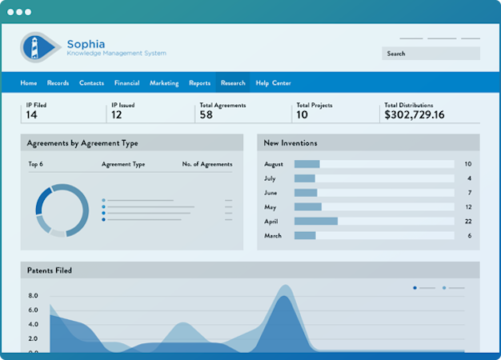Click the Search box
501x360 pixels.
click(x=431, y=54)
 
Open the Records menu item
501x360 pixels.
click(x=58, y=83)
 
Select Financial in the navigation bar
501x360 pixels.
click(x=126, y=83)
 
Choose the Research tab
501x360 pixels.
click(x=233, y=83)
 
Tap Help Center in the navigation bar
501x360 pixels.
click(x=273, y=83)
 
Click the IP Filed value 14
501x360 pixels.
click(x=32, y=114)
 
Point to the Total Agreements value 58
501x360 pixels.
click(x=206, y=114)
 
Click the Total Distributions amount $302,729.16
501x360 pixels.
click(x=415, y=114)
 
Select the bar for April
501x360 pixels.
click(x=316, y=222)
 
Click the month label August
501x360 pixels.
click(x=274, y=164)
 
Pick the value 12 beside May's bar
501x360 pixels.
click(x=468, y=207)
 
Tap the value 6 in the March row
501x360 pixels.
click(x=469, y=236)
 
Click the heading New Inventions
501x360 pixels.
click(x=291, y=143)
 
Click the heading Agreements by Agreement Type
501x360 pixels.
click(x=82, y=143)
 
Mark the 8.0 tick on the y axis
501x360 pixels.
click(x=33, y=296)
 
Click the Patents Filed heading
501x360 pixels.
click(x=50, y=270)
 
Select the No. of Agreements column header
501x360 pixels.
click(x=207, y=164)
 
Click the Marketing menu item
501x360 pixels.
click(x=164, y=83)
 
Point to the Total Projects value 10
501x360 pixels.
click(x=302, y=114)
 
